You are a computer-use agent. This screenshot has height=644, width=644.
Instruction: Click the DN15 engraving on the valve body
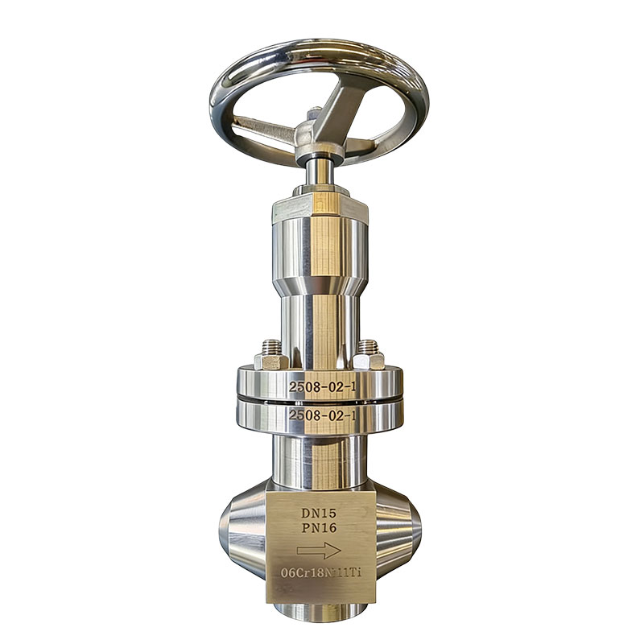319,513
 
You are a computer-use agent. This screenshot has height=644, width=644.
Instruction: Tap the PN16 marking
319,528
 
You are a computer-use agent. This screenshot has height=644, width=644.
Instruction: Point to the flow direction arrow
319,551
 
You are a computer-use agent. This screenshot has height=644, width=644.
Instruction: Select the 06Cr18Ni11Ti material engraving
320,572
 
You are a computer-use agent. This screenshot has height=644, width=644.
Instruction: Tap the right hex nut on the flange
369,361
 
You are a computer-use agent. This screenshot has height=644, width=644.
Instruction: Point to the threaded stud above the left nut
271,346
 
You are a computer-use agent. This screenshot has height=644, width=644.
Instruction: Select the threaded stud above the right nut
368,346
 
